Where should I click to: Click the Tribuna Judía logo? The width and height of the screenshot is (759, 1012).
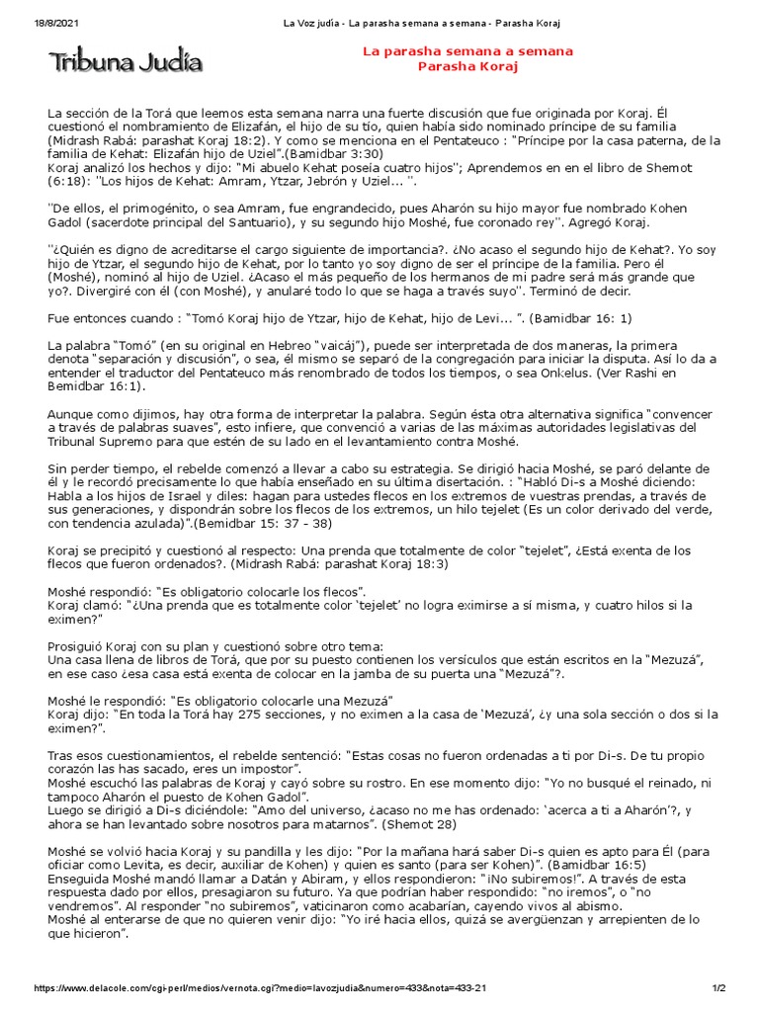pos(126,63)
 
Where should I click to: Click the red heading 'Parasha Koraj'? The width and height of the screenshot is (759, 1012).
pos(467,66)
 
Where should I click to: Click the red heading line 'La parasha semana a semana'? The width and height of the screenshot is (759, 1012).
pos(467,51)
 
